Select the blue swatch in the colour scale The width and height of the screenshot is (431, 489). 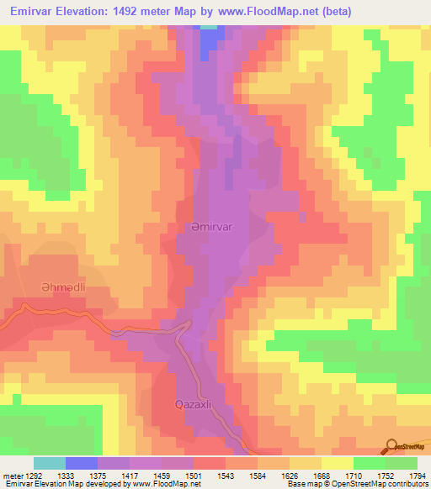pos(82,463)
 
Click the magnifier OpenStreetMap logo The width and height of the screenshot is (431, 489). pos(391,447)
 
